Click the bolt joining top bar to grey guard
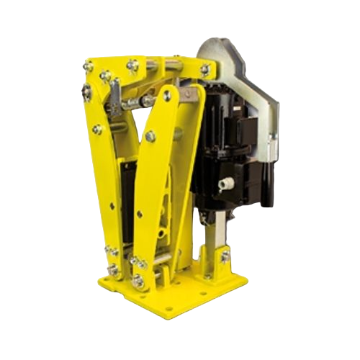(x=206, y=70)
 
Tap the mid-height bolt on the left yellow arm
(x=96, y=130)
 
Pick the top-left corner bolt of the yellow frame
(x=89, y=68)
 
